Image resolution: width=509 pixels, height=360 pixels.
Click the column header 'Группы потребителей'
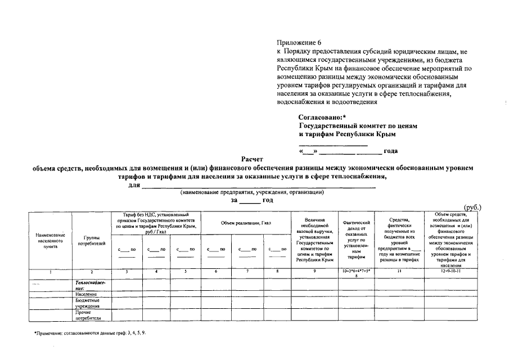(x=91, y=241)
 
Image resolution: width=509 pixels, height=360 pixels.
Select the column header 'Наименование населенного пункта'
(x=51, y=241)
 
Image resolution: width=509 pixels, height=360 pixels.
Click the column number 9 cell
(x=314, y=272)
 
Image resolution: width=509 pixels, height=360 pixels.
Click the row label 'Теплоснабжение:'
(x=90, y=284)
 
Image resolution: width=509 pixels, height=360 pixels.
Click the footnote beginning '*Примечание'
(x=90, y=334)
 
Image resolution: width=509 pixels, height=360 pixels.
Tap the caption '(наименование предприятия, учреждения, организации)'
(x=251, y=192)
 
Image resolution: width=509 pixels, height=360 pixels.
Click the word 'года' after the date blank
(x=390, y=151)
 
